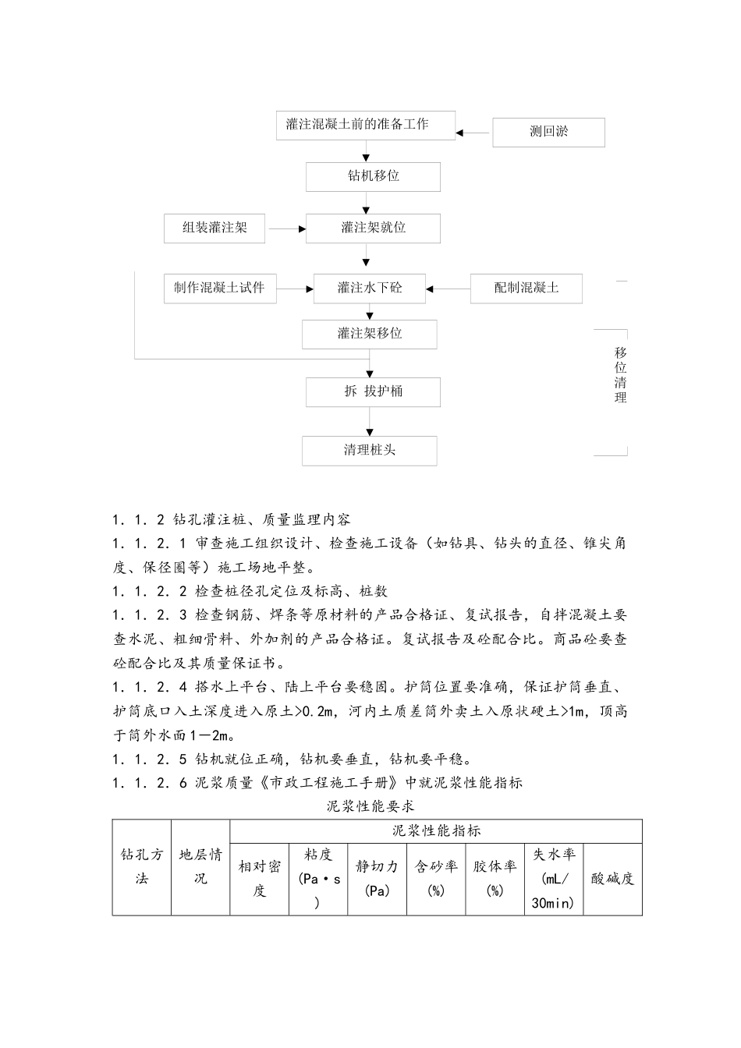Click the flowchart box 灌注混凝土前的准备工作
click(x=365, y=125)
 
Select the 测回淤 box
click(x=548, y=132)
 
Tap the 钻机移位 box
click(x=373, y=176)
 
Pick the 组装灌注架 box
click(x=214, y=228)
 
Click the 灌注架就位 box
click(x=373, y=228)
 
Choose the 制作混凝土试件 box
click(x=219, y=289)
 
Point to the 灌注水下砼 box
click(x=370, y=289)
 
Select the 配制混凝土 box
click(x=526, y=289)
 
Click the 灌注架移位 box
click(x=370, y=334)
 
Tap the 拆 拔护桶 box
click(x=373, y=391)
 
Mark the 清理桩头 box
click(x=370, y=451)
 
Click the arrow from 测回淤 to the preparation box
click(x=473, y=133)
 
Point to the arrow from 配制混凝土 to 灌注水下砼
click(x=448, y=289)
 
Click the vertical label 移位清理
click(x=620, y=375)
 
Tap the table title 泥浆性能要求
click(x=370, y=805)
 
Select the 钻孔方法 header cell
click(x=141, y=866)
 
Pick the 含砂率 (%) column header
click(x=436, y=878)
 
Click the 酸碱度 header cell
click(x=612, y=879)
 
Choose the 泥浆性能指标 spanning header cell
click(x=436, y=831)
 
